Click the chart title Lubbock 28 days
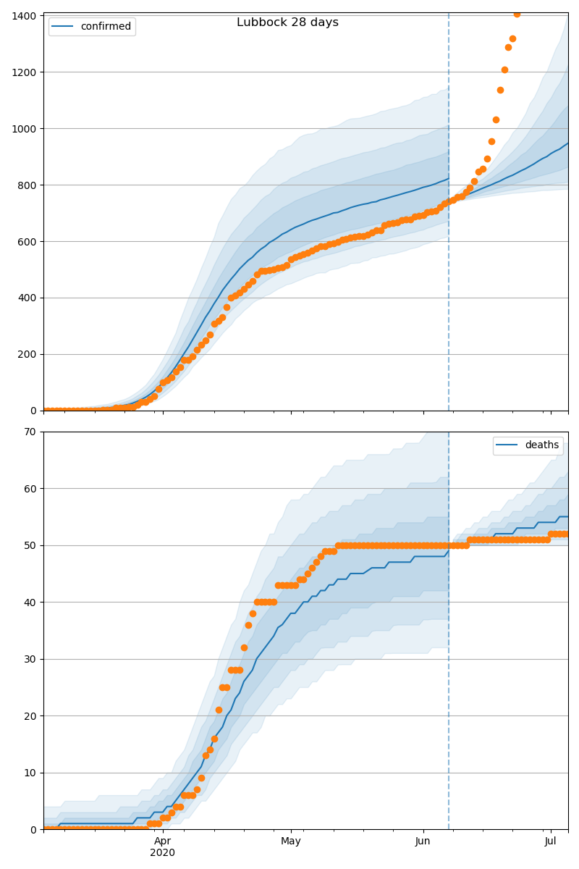[287, 22]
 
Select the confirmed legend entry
[106, 27]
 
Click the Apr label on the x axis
[163, 841]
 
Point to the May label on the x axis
[291, 841]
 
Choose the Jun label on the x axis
[423, 841]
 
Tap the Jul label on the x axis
[551, 841]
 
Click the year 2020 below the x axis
[163, 853]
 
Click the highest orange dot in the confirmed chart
[517, 14]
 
